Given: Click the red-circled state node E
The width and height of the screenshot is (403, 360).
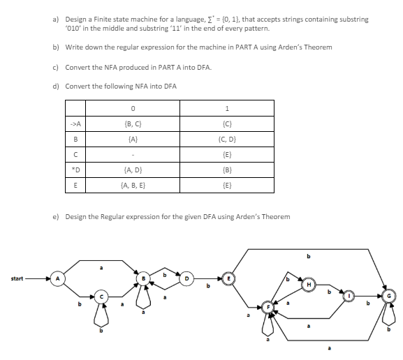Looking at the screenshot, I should pos(228,279).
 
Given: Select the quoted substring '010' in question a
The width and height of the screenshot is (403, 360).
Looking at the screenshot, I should pos(73,27).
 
